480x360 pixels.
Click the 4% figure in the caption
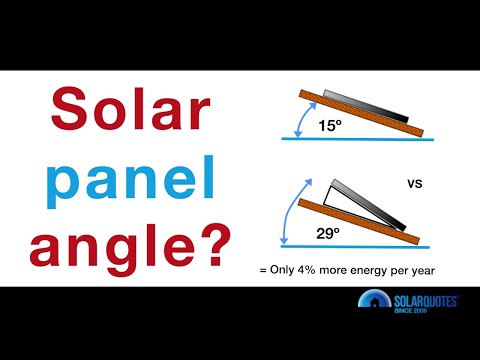(336, 269)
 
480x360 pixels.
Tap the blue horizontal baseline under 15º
(355, 140)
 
